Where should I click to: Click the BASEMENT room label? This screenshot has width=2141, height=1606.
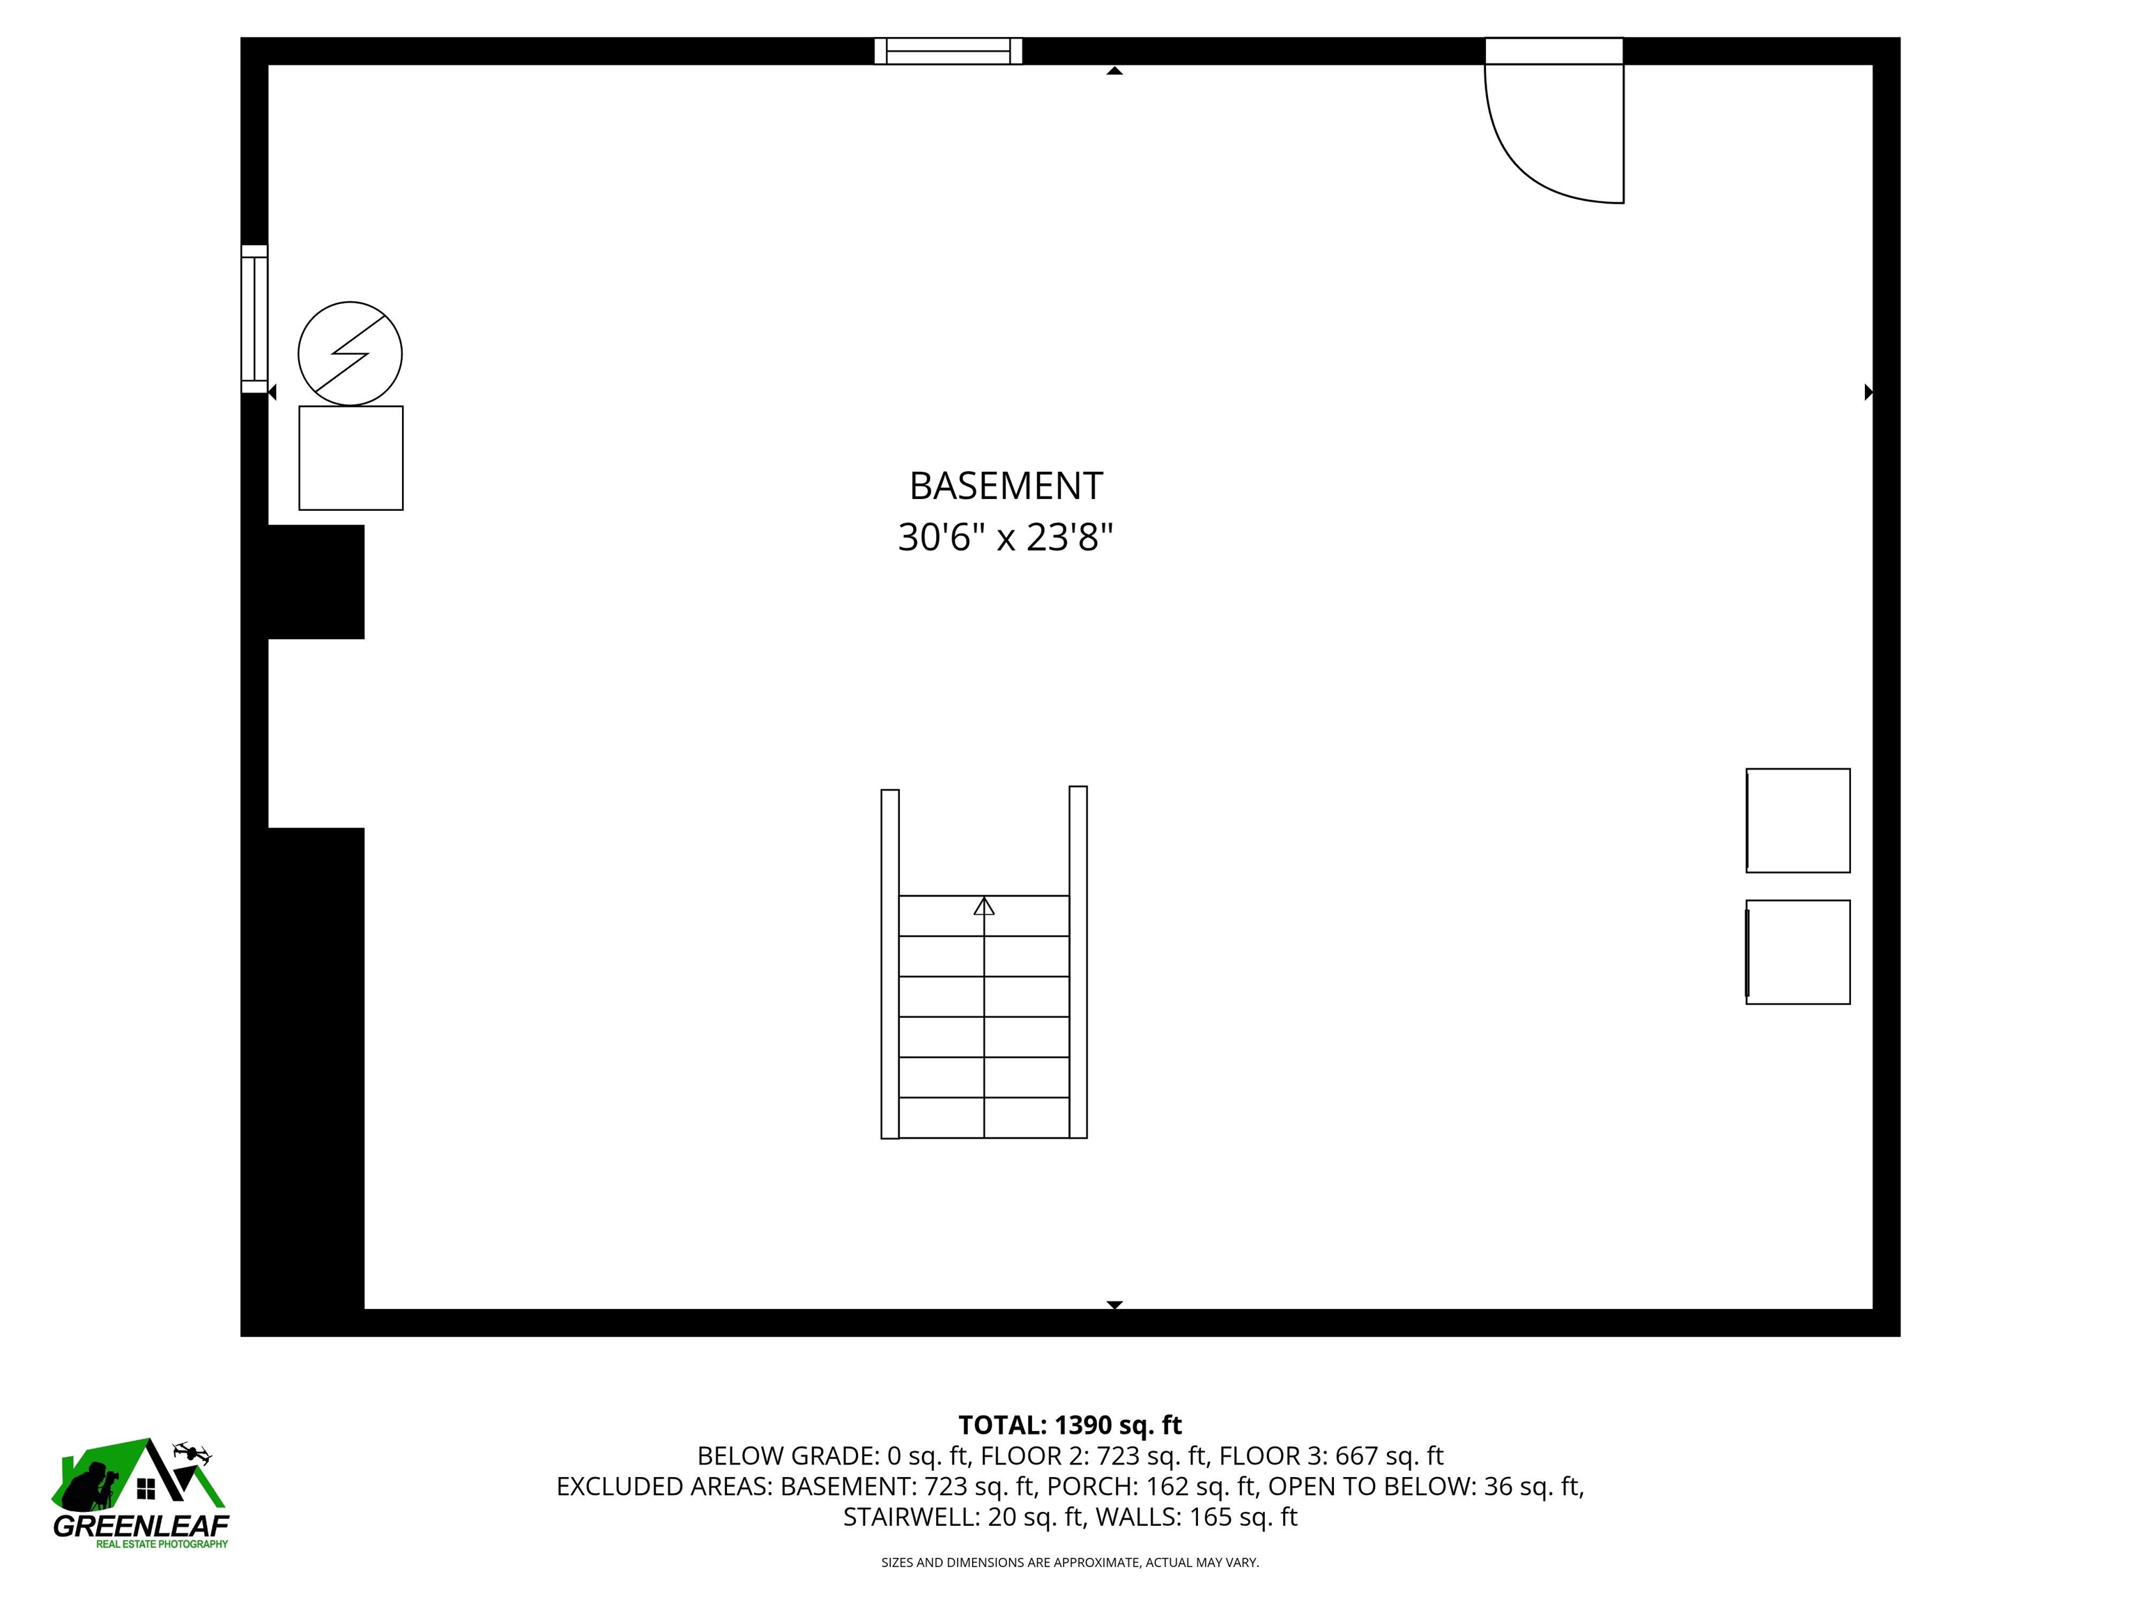[x=1006, y=486]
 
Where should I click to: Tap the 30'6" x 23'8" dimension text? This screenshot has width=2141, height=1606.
[x=1006, y=537]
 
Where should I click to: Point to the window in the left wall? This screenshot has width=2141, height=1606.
[x=254, y=319]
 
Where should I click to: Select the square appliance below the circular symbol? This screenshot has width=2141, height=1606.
[x=351, y=458]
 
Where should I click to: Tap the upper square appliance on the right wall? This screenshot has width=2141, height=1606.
[x=1797, y=821]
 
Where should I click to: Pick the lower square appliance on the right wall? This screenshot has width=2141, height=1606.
[x=1797, y=953]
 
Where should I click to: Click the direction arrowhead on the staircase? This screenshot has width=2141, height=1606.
[x=983, y=906]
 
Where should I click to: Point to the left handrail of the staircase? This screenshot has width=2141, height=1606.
[x=889, y=964]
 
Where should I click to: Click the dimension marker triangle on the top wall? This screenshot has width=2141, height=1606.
[x=1114, y=70]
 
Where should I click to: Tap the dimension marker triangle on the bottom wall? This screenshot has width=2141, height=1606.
[x=1114, y=1304]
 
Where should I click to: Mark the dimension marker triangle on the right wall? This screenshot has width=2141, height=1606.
[x=1868, y=392]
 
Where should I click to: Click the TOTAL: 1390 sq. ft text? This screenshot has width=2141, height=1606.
[x=1070, y=1425]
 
